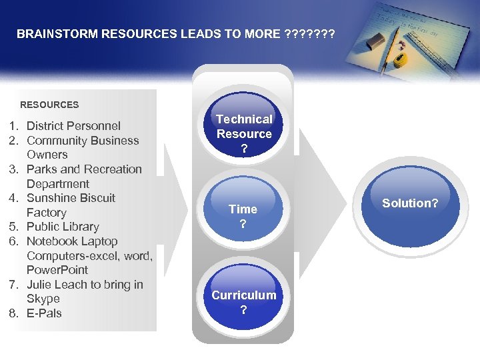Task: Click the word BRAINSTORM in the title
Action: [x=57, y=33]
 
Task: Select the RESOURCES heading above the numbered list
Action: [x=49, y=105]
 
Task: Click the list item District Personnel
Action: [x=73, y=126]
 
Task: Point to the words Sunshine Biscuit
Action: [x=71, y=198]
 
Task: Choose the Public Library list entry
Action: [x=63, y=227]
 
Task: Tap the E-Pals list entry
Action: [x=44, y=313]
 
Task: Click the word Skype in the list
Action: [x=43, y=299]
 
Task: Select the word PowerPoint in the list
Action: [x=57, y=270]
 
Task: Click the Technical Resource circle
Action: [x=244, y=134]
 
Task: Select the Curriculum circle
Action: [x=243, y=302]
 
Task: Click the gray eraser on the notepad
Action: [x=374, y=41]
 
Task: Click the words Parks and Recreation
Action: [x=84, y=169]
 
